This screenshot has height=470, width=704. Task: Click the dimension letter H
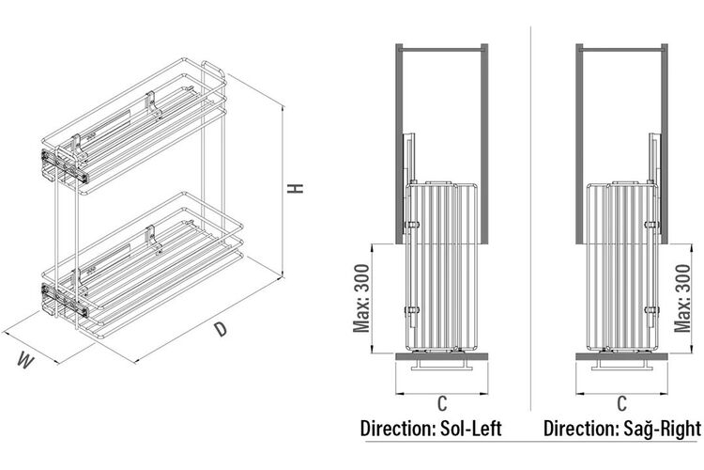[296, 188]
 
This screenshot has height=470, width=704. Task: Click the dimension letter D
[220, 329]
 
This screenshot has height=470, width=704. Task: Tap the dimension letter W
[25, 360]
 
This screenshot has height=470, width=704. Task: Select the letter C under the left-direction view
[442, 403]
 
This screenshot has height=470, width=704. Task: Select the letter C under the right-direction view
[621, 403]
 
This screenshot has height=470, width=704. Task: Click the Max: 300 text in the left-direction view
[361, 298]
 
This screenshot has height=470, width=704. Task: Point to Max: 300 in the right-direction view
[682, 298]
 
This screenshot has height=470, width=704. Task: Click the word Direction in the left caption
[396, 429]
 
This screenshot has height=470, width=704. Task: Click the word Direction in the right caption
[580, 429]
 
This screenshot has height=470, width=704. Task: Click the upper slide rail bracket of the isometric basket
[65, 164]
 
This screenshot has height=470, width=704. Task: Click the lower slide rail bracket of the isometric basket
[65, 299]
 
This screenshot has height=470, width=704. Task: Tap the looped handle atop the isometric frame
[213, 69]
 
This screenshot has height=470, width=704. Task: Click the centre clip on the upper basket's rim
[152, 104]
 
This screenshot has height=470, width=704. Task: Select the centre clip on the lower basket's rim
[153, 239]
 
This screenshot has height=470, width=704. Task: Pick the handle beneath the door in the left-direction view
[442, 365]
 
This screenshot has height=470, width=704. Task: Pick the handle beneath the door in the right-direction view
[621, 365]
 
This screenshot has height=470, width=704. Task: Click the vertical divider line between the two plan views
[530, 219]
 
